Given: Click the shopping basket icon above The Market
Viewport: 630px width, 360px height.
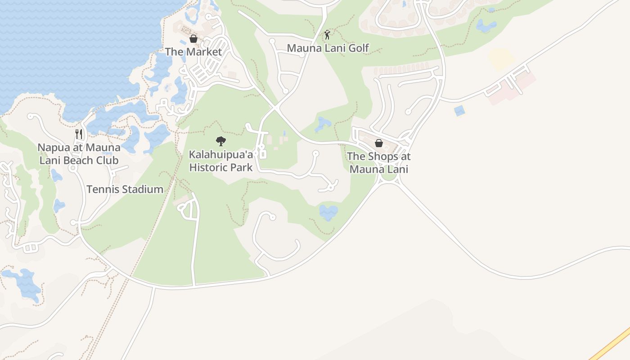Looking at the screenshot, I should (193, 39).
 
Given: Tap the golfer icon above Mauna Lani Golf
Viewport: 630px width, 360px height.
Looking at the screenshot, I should (328, 35).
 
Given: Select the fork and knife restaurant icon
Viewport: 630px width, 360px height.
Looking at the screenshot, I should (79, 134).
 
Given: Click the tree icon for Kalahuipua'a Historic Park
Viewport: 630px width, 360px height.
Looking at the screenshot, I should (220, 141).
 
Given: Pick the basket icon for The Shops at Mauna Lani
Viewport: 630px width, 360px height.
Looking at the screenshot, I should (379, 143).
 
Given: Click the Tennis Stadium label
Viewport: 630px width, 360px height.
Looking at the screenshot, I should (125, 189).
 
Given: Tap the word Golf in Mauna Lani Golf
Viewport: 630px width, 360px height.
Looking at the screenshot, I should (358, 48).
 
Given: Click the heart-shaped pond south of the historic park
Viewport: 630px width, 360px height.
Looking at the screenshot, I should (328, 212).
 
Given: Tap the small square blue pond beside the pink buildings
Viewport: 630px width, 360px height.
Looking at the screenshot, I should (459, 111).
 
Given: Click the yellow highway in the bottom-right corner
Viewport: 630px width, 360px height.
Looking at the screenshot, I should (612, 344).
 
